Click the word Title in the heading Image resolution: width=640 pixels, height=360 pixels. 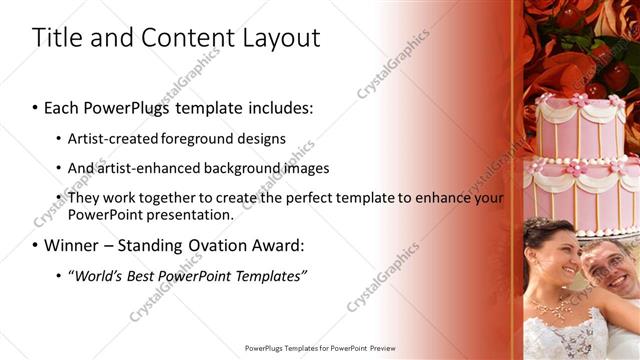[x=56, y=38]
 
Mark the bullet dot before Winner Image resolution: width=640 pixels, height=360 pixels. [x=36, y=245]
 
